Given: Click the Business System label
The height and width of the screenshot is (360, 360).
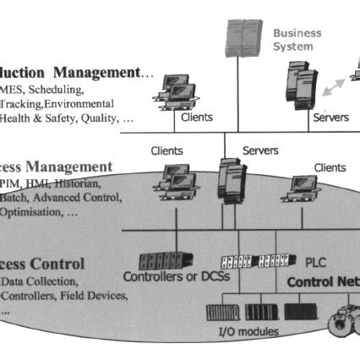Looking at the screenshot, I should pyautogui.click(x=297, y=40).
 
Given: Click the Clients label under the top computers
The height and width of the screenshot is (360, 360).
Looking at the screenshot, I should pyautogui.click(x=197, y=117).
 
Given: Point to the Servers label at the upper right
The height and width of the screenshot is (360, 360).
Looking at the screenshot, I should pyautogui.click(x=330, y=117).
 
